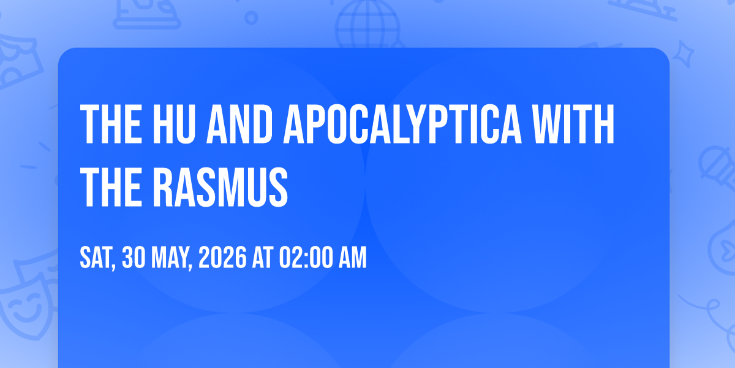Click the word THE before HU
(x=111, y=124)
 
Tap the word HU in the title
(x=174, y=124)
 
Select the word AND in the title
(x=239, y=124)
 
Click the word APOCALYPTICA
(x=402, y=124)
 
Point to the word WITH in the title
(x=573, y=124)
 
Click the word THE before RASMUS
(x=111, y=186)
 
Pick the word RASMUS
(x=221, y=186)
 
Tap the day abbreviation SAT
(x=97, y=258)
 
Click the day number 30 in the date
(x=134, y=258)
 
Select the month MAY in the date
(x=171, y=258)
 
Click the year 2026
(x=222, y=258)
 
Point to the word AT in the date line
(x=263, y=258)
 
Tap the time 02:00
(x=306, y=258)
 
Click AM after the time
(x=352, y=258)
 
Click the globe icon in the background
(x=368, y=25)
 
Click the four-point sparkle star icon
(x=683, y=54)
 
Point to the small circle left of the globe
(x=251, y=18)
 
